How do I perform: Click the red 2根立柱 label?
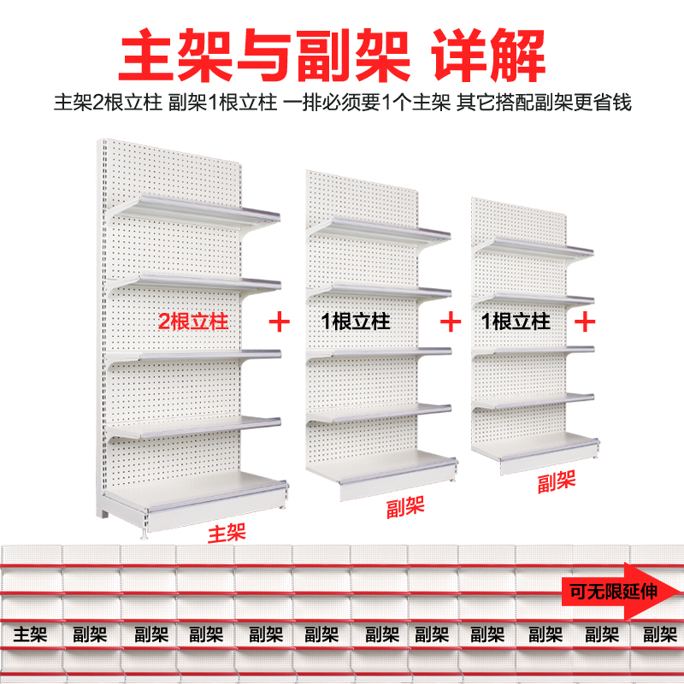coord(193,322)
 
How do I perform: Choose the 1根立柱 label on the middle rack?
coord(356,322)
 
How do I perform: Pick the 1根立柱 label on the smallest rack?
coord(516,322)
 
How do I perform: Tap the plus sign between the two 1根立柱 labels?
coord(450,322)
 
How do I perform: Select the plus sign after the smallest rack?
coord(586,322)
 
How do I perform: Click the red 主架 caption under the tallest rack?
coord(227,534)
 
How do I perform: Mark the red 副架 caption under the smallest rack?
coord(557,482)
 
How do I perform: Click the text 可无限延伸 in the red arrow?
coord(613,590)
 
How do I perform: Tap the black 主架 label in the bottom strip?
coord(31,634)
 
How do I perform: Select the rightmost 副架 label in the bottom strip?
coord(659,634)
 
